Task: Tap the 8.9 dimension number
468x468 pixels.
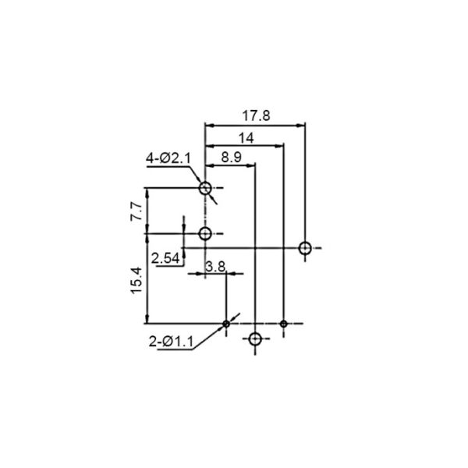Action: (230, 157)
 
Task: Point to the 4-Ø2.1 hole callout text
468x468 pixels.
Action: (168, 159)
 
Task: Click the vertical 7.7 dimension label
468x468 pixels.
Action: (135, 210)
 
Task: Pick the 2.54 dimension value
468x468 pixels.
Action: (166, 257)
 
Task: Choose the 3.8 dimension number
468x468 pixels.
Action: (215, 267)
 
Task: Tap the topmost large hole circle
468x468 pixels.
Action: (205, 188)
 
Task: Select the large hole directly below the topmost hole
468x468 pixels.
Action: (205, 233)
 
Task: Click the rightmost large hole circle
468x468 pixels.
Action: (305, 248)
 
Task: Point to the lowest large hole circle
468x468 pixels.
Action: (254, 339)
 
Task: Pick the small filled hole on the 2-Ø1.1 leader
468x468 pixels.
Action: (226, 323)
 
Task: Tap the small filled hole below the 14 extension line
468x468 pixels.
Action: (283, 323)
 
